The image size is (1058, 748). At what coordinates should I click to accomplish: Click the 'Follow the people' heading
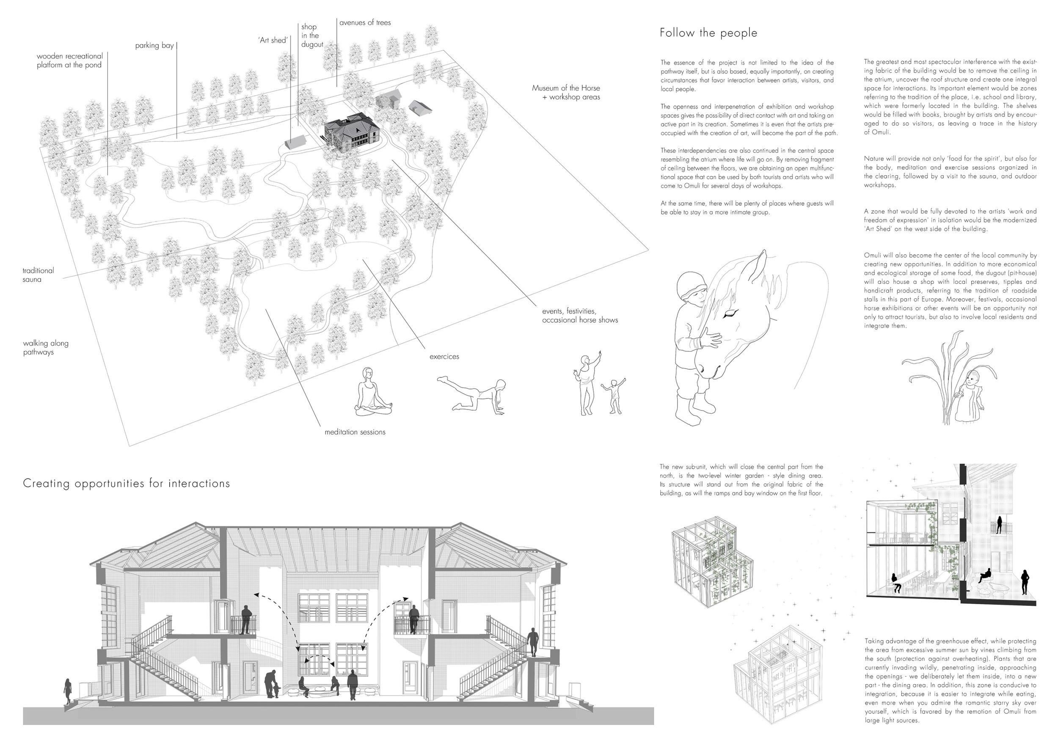[708, 33]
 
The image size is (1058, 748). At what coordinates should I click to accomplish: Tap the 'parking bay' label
[154, 46]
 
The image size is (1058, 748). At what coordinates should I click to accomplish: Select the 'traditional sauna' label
[38, 275]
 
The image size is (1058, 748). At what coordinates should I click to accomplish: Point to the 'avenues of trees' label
[365, 22]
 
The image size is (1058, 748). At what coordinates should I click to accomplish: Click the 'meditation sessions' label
[355, 432]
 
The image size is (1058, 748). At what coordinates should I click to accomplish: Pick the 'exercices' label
[444, 357]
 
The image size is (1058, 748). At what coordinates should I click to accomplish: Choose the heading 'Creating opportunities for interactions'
[126, 484]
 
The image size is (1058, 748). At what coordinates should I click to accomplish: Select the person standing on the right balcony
[414, 619]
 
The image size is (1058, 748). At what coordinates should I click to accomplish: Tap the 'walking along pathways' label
[46, 348]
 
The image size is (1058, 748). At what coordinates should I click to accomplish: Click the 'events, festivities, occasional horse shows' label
[580, 316]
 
